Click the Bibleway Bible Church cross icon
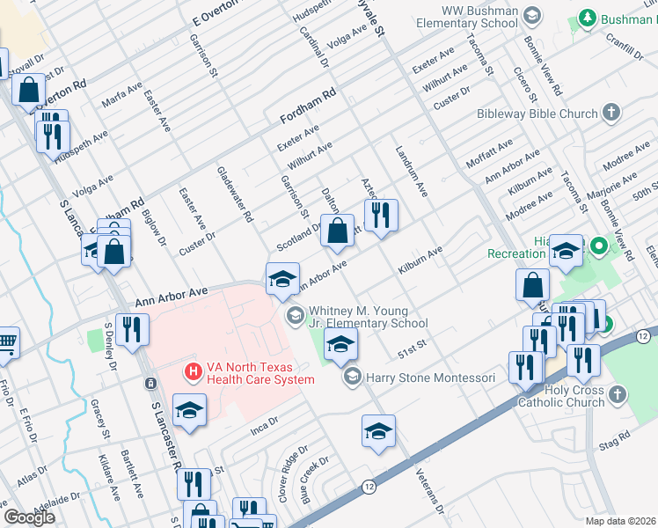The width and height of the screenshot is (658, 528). point(611,114)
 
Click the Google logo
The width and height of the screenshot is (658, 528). point(29,517)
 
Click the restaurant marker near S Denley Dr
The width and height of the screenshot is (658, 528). point(132,330)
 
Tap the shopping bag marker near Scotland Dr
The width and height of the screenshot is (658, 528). point(336,231)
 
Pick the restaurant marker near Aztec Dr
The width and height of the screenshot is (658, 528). point(380,214)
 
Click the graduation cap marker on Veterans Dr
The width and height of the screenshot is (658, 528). point(378,430)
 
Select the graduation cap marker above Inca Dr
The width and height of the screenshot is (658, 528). point(189,410)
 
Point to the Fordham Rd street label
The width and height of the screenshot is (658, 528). point(308,106)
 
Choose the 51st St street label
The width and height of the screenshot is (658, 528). point(412,349)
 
